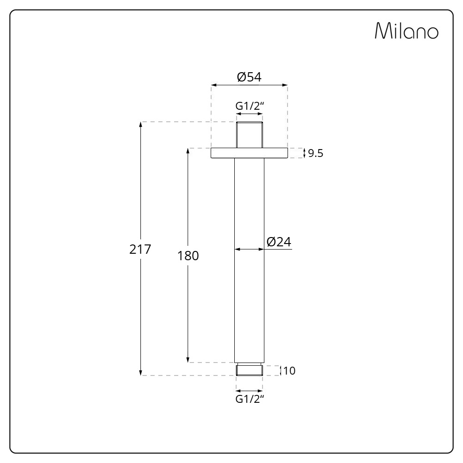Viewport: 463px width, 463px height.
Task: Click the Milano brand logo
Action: (x=407, y=31)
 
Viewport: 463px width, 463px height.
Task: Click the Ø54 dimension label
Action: (x=249, y=77)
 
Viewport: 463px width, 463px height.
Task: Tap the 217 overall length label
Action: (x=140, y=250)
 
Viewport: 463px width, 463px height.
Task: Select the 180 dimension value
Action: (x=188, y=256)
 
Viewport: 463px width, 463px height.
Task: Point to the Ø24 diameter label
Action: (x=279, y=242)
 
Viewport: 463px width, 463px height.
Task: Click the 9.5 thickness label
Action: (x=316, y=153)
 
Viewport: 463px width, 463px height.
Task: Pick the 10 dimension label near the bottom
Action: (x=289, y=370)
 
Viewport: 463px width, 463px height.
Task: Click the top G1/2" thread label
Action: (x=250, y=106)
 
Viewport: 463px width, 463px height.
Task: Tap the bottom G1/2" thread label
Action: (x=250, y=399)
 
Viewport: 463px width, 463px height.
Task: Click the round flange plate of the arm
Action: (x=249, y=153)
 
